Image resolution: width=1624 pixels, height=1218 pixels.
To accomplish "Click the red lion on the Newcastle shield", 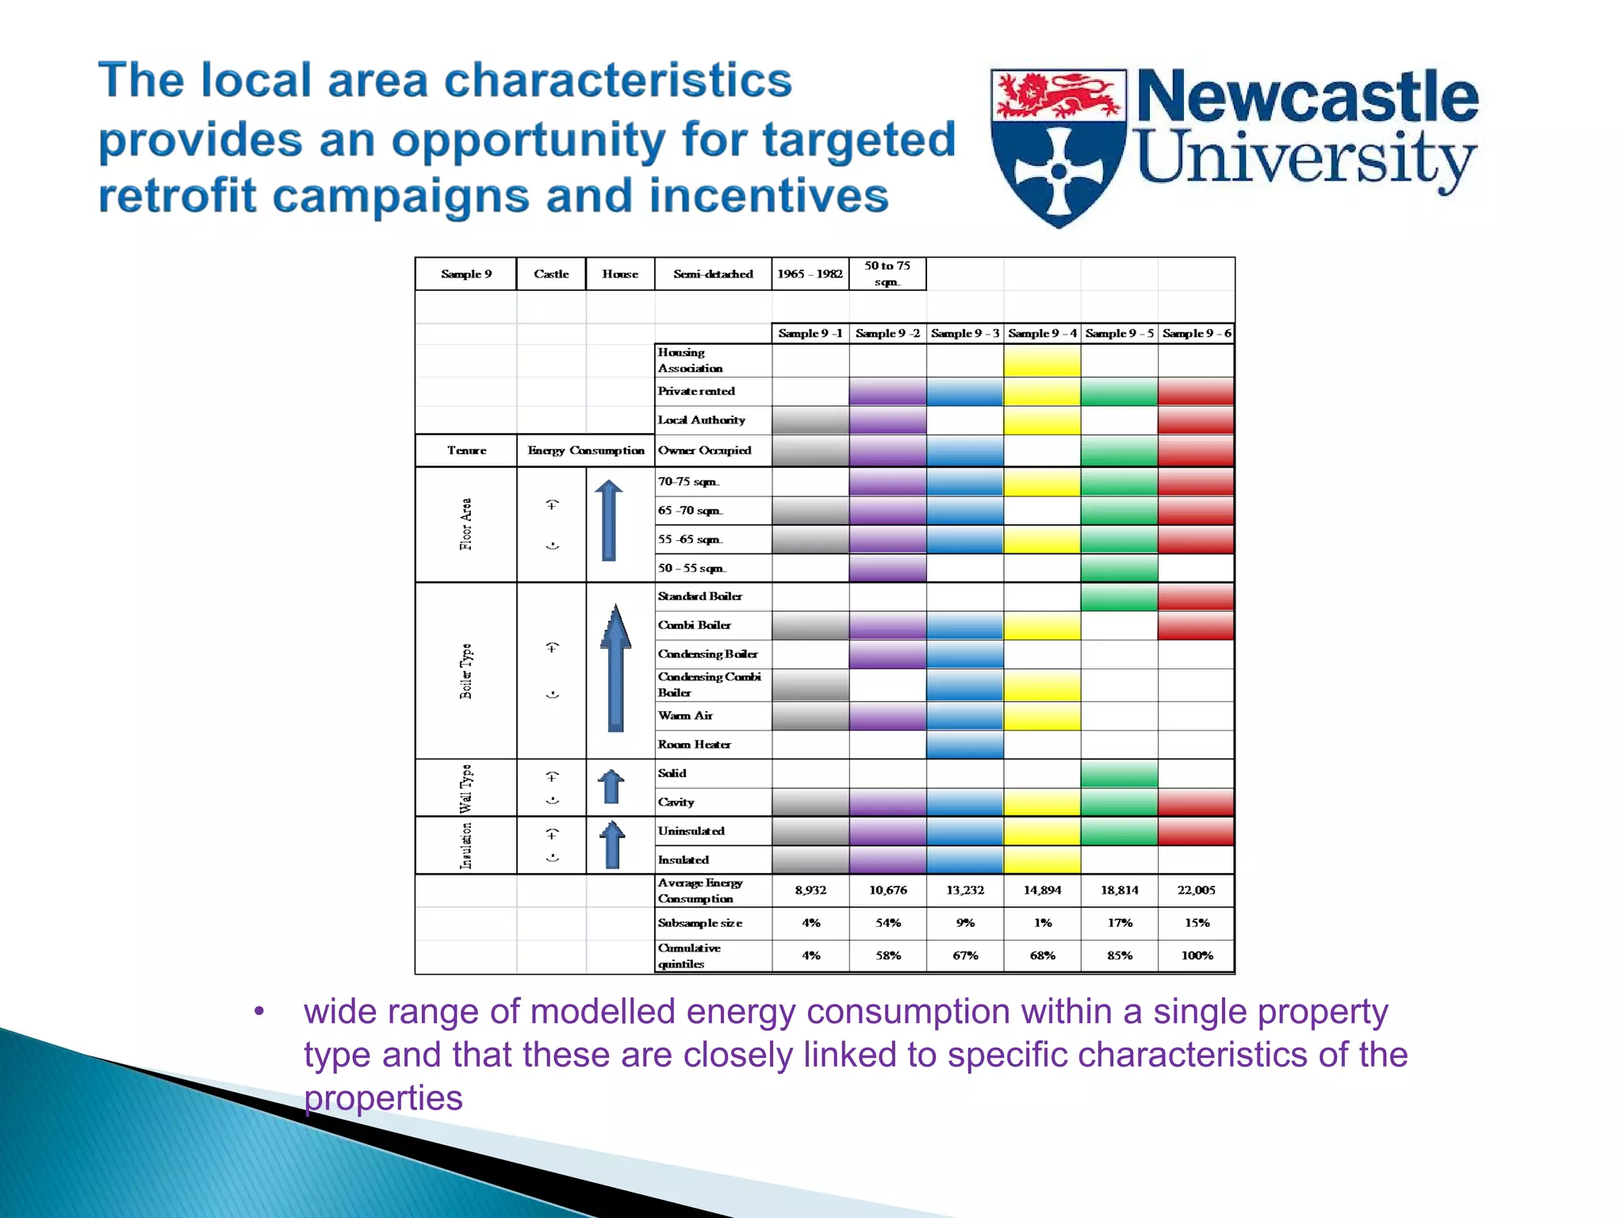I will click(x=1059, y=95).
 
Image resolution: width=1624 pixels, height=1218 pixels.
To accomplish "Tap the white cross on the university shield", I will click(x=1059, y=171).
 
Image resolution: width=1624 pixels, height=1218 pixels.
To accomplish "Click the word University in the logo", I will click(x=1305, y=159).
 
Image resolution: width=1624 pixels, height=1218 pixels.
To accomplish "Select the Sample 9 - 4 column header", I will click(x=1042, y=334).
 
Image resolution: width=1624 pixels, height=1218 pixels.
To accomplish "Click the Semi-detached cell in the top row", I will click(x=713, y=274).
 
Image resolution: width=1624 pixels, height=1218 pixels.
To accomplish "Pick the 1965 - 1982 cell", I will click(x=810, y=274).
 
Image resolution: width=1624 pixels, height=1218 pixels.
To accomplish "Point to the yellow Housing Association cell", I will click(x=1042, y=361).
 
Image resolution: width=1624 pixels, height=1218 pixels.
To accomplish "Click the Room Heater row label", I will click(x=695, y=745).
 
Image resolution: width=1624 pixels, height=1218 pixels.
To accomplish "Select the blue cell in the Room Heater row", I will click(x=965, y=745).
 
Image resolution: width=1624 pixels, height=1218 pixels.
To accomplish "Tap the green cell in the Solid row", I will click(x=1119, y=773).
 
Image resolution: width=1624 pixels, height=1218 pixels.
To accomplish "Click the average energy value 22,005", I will click(x=1196, y=891).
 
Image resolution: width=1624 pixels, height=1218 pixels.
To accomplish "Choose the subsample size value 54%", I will click(x=888, y=923).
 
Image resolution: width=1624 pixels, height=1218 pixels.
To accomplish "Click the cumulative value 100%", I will click(x=1197, y=956).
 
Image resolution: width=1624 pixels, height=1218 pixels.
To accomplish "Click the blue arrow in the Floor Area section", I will click(x=609, y=520).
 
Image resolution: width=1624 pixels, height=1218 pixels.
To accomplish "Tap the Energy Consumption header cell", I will click(x=586, y=450).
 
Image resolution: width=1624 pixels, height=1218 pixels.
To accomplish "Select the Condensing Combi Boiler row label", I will click(x=710, y=684).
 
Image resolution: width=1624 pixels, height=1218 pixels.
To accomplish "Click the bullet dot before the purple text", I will click(x=259, y=1012).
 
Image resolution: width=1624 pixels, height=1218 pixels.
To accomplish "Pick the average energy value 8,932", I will click(x=810, y=891).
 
